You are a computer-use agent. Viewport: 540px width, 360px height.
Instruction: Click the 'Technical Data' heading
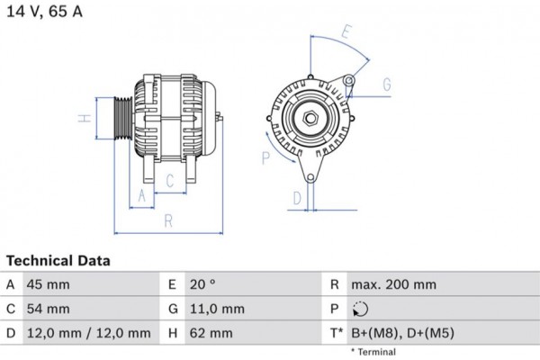point(58,261)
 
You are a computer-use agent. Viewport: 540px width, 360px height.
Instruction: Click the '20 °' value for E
point(203,285)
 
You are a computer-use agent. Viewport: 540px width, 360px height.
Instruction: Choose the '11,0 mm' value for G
point(217,309)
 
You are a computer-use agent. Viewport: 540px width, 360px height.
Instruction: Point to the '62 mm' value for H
point(212,333)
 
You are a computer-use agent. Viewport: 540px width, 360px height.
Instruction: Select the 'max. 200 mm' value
point(393,285)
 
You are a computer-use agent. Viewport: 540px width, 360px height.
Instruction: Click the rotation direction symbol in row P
point(359,310)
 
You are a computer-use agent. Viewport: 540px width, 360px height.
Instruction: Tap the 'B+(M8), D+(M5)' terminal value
point(402,333)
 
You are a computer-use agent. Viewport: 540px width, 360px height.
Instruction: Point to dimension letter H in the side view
point(81,119)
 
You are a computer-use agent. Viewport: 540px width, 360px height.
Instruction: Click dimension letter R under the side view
point(167,221)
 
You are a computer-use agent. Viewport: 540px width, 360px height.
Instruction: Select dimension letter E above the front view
point(346,31)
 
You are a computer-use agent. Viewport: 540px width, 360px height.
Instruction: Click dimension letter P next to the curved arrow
point(265,158)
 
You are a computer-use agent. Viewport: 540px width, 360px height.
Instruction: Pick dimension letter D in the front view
point(296,199)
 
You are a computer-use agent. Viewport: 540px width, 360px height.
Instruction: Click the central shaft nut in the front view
point(309,118)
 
